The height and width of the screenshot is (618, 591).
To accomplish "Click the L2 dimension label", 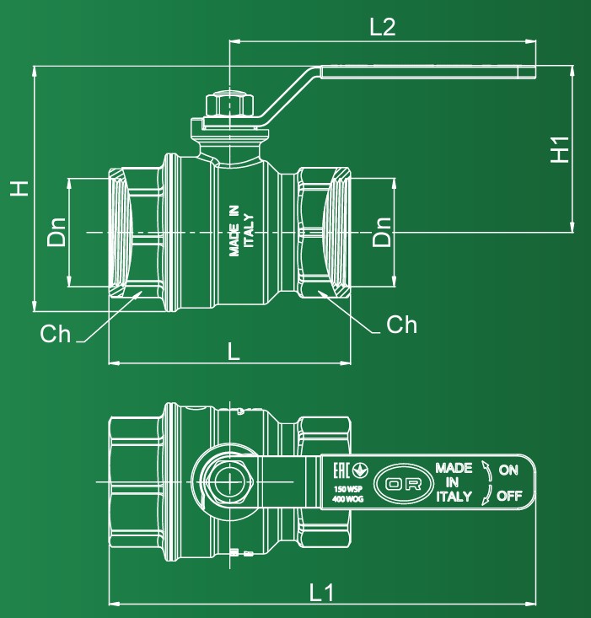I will pyautogui.click(x=382, y=27).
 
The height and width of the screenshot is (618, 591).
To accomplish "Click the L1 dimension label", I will pyautogui.click(x=321, y=593).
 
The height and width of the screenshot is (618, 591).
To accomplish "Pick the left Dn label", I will pyautogui.click(x=56, y=232).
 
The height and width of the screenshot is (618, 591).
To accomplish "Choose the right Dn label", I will pyautogui.click(x=382, y=232).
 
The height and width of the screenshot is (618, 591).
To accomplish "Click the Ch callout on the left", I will pyautogui.click(x=56, y=334).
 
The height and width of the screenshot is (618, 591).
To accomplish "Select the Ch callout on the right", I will pyautogui.click(x=401, y=325).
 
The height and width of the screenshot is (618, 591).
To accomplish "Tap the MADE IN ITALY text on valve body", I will pyautogui.click(x=241, y=230).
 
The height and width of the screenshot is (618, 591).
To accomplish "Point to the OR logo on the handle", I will pyautogui.click(x=401, y=483).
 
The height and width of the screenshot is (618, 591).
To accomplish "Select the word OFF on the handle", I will pyautogui.click(x=508, y=495).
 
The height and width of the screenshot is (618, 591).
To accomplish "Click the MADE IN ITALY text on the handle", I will pyautogui.click(x=454, y=482).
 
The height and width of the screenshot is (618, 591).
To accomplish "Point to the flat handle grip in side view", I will pyautogui.click(x=428, y=73).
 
